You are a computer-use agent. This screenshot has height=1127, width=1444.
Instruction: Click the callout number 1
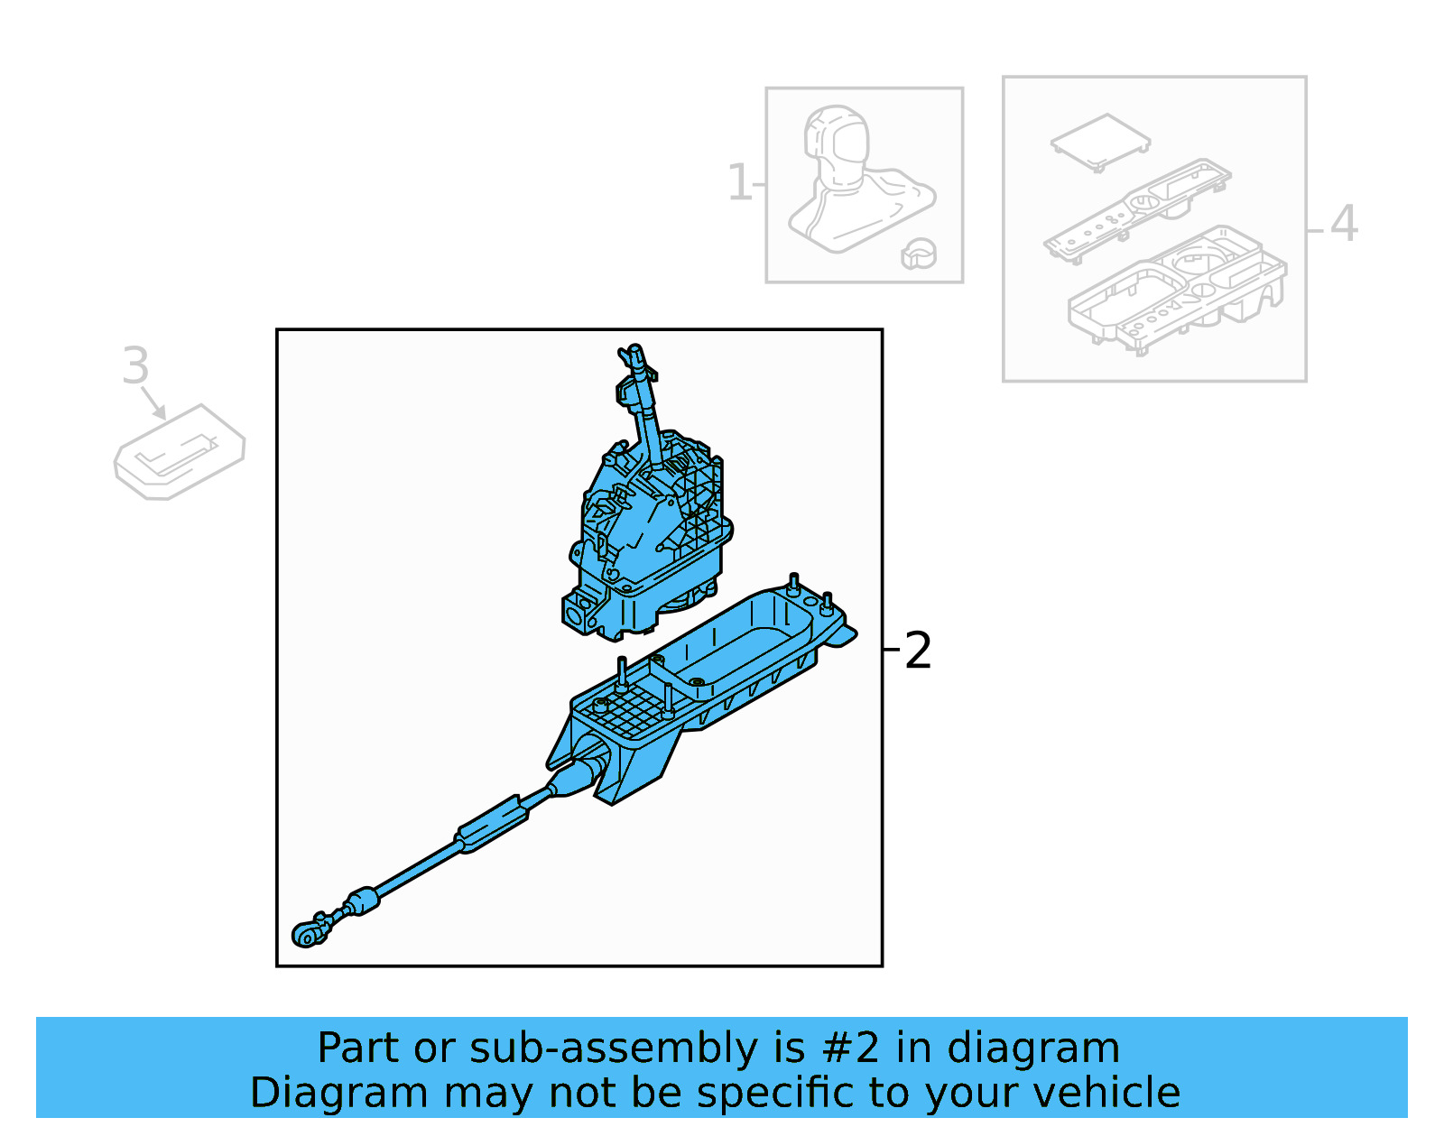point(739,183)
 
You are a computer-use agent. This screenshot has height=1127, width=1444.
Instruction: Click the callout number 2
point(917,651)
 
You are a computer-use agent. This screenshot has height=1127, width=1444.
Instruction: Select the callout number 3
point(135,365)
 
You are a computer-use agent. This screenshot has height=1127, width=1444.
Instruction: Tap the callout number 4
point(1344,223)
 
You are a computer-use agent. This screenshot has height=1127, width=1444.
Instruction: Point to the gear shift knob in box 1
point(838,144)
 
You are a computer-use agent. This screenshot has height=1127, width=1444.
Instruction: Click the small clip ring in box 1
point(919,254)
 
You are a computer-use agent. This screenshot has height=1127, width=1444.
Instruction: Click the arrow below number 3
point(153,403)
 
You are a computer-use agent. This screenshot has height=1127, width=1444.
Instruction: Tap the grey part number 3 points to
point(179,451)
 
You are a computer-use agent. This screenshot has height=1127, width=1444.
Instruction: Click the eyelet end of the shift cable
point(306,936)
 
